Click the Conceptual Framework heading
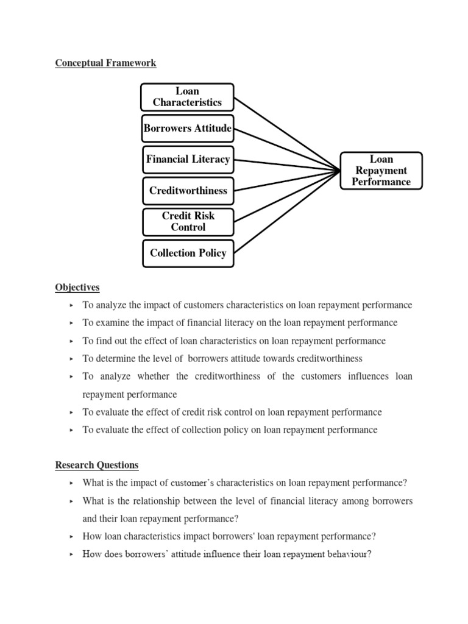[x=105, y=63]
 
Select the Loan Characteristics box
[x=187, y=97]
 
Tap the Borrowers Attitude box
[x=187, y=129]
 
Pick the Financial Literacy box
[x=188, y=160]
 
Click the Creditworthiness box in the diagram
[x=188, y=191]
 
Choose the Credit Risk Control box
[x=188, y=222]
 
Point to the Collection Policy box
[x=188, y=253]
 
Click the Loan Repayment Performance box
[x=381, y=171]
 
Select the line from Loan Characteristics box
[x=286, y=133]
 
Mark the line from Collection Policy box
[x=286, y=211]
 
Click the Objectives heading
[x=77, y=287]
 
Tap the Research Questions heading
[x=97, y=465]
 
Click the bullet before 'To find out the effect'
[x=71, y=341]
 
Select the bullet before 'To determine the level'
[x=71, y=359]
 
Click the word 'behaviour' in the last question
[x=344, y=555]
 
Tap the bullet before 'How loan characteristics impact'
[x=71, y=537]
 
